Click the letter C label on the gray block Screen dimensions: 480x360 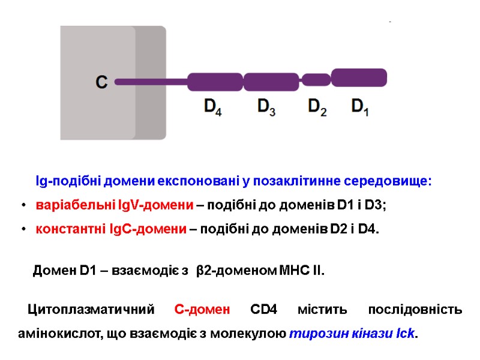pyautogui.click(x=101, y=82)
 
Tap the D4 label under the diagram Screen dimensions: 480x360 pyautogui.click(x=213, y=107)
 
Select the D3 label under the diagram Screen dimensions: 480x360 pyautogui.click(x=266, y=107)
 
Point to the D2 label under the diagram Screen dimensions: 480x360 pyautogui.click(x=317, y=107)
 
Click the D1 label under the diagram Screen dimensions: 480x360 pyautogui.click(x=359, y=107)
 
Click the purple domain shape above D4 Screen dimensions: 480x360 pyautogui.click(x=215, y=82)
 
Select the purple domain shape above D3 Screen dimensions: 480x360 pyautogui.click(x=271, y=82)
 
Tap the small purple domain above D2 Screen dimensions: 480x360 pyautogui.click(x=316, y=80)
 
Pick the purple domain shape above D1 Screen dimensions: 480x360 pyautogui.click(x=359, y=77)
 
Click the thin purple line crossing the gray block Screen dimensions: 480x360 pyautogui.click(x=150, y=82)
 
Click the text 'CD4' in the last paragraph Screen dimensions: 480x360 pyautogui.click(x=263, y=310)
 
